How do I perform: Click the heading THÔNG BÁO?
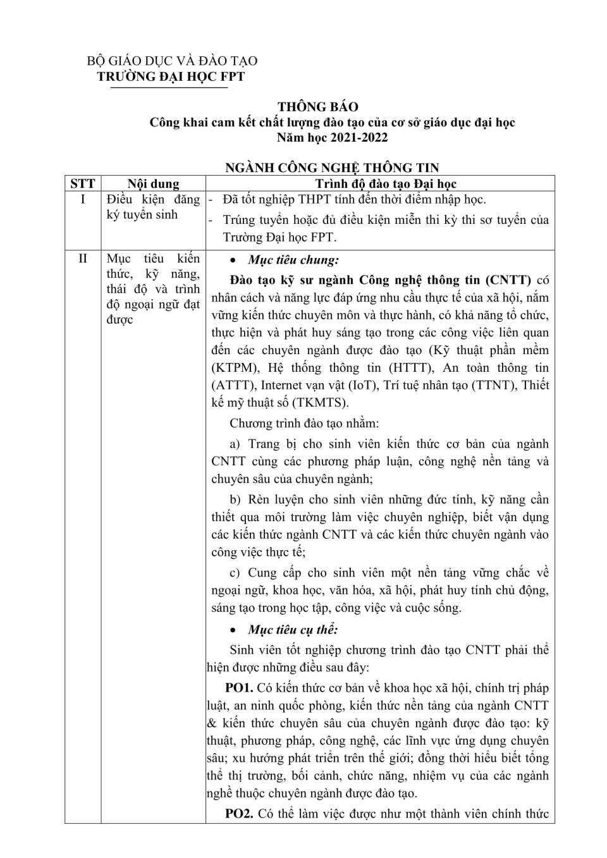(x=318, y=107)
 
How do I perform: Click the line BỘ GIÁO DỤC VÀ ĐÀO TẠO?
(x=172, y=61)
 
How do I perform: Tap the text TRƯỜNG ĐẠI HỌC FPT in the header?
(x=170, y=77)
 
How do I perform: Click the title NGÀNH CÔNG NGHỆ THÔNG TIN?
(x=332, y=168)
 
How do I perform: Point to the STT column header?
(x=83, y=183)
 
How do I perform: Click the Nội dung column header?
(x=153, y=183)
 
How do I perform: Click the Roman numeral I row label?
(x=83, y=200)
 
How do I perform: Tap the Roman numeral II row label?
(x=83, y=259)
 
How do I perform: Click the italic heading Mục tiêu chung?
(x=293, y=260)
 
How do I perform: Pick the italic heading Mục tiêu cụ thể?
(x=293, y=630)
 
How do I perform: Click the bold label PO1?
(x=239, y=688)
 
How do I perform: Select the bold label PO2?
(x=239, y=814)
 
